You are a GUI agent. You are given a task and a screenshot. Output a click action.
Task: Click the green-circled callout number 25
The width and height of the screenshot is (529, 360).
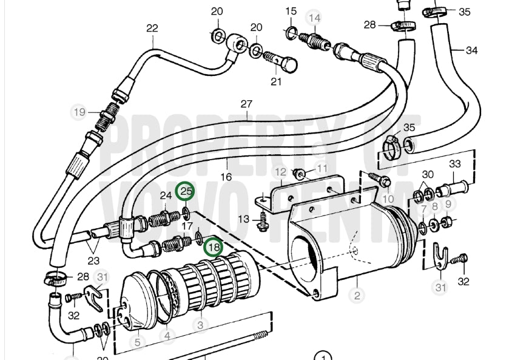185,191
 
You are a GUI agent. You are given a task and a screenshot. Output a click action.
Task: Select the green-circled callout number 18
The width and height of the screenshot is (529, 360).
214,247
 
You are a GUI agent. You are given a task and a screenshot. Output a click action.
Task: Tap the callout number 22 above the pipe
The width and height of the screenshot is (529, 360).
152,28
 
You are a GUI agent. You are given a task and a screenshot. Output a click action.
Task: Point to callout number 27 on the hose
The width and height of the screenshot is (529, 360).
246,104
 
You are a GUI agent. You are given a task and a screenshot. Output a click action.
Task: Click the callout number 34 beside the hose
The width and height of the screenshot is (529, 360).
471,50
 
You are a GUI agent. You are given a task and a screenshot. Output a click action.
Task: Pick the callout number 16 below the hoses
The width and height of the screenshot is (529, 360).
226,177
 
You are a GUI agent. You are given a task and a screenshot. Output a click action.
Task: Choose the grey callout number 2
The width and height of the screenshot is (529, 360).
357,296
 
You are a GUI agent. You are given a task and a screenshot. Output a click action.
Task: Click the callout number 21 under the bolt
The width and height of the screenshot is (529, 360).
276,81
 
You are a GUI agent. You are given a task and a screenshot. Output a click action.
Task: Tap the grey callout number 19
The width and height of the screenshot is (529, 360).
79,112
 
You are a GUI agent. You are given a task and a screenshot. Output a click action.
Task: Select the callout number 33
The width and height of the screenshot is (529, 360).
455,164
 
